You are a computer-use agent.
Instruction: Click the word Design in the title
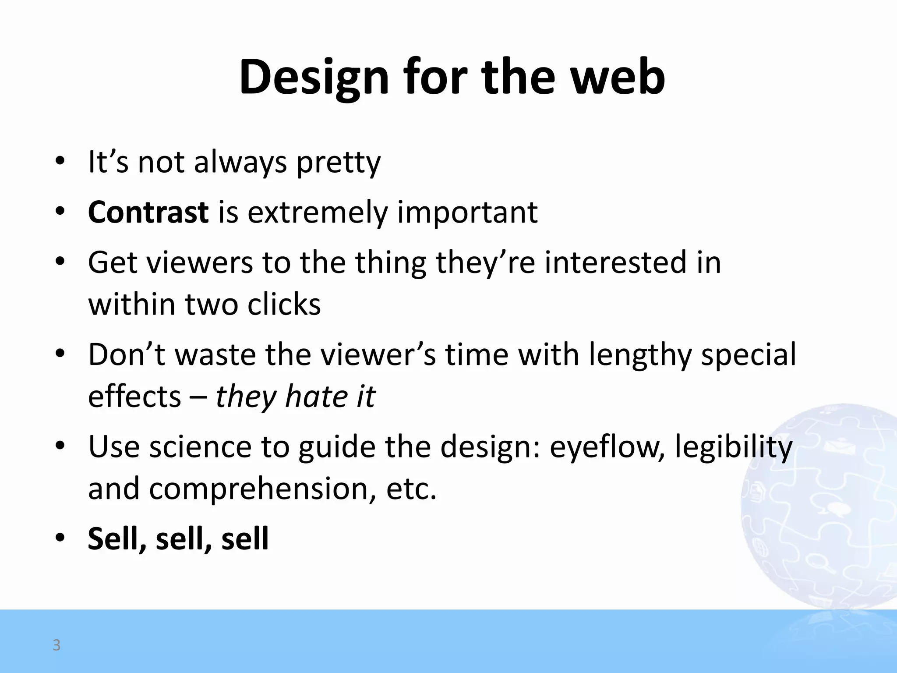[x=314, y=78]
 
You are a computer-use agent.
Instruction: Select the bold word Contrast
[x=148, y=212]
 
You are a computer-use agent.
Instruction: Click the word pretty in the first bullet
[x=338, y=163]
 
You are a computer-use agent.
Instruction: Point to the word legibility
[x=734, y=447]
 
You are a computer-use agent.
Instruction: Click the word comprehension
[x=262, y=489]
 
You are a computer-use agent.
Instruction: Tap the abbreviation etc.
[x=411, y=489]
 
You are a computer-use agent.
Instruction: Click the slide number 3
[x=57, y=645]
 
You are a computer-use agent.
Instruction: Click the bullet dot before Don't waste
[x=60, y=353]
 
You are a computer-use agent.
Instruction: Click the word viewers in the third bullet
[x=199, y=262]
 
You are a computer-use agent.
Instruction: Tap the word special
[x=749, y=355]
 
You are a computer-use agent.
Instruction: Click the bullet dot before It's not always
[x=60, y=161]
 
